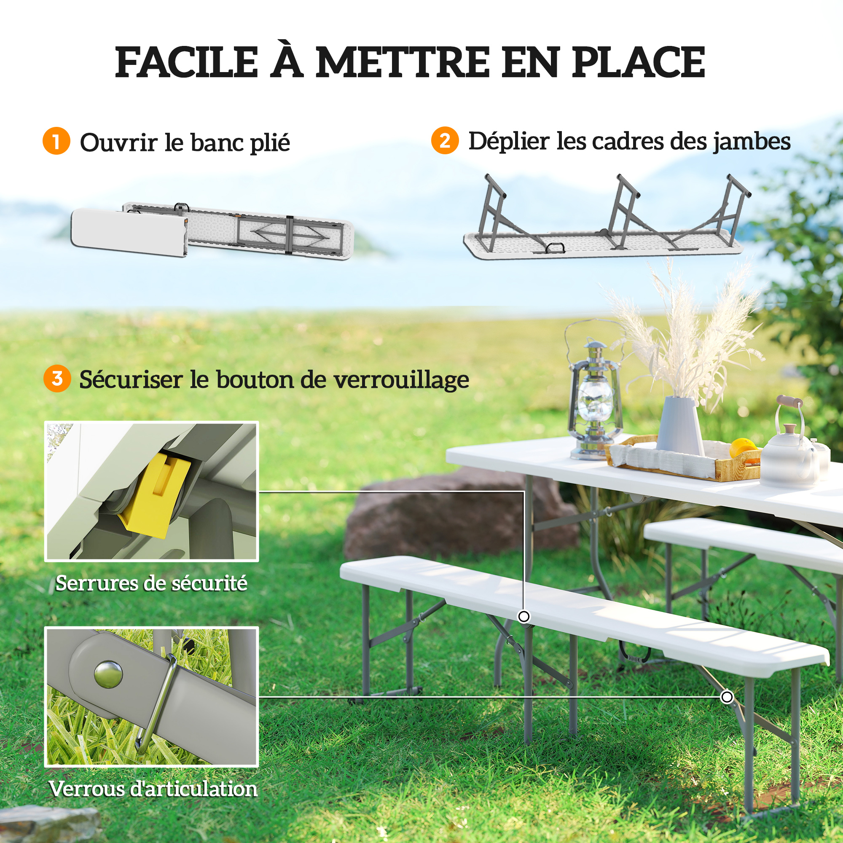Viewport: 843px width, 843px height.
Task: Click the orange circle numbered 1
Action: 56,141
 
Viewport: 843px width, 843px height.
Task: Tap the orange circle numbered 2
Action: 445,140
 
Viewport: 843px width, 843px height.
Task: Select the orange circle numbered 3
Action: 57,379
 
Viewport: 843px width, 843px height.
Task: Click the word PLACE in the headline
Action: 638,62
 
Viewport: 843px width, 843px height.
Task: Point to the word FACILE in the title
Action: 187,62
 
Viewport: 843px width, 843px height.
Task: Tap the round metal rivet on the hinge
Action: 108,674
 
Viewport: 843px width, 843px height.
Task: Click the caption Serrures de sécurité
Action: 151,583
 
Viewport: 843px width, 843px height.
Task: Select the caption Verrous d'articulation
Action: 153,789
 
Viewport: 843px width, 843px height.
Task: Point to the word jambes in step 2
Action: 752,142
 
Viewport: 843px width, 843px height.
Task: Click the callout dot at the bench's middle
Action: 524,617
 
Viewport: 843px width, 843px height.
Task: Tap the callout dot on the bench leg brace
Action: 727,697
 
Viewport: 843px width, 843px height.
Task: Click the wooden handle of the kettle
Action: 789,400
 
